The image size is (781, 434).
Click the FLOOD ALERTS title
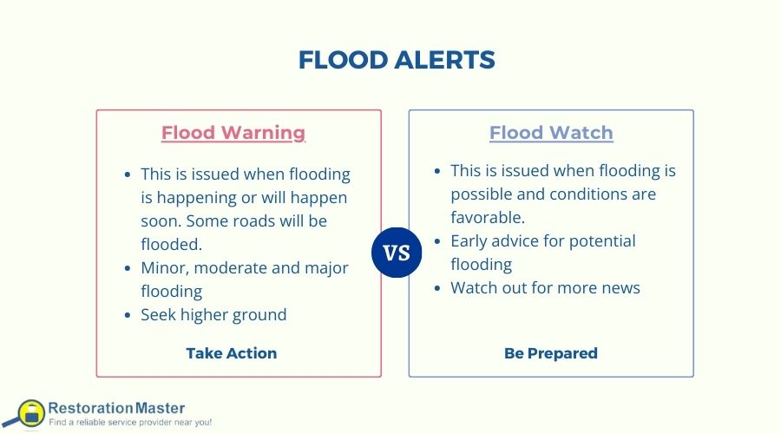tap(396, 60)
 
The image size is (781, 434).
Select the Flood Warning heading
tap(233, 133)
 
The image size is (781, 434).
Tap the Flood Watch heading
tap(551, 133)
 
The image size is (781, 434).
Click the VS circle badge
tap(396, 253)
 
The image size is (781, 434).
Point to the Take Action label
tap(232, 353)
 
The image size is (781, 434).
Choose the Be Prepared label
tap(551, 353)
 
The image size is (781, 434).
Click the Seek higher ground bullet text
tap(213, 314)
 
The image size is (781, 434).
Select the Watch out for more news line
tap(545, 287)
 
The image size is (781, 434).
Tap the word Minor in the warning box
tap(162, 267)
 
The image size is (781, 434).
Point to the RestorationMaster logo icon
tap(30, 413)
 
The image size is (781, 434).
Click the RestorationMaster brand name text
tap(116, 406)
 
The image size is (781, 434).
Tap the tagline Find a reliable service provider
tap(130, 422)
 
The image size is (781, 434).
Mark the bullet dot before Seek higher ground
tap(128, 315)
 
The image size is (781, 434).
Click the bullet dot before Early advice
tap(438, 241)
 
